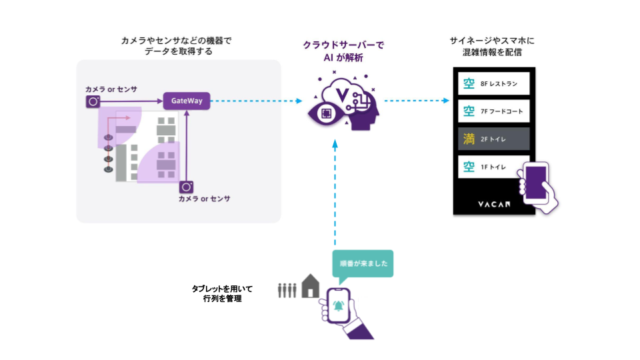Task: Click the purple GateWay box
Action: pyautogui.click(x=187, y=101)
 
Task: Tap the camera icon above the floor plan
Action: pyautogui.click(x=93, y=101)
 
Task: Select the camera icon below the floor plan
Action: pyautogui.click(x=187, y=187)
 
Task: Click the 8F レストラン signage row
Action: pyautogui.click(x=494, y=84)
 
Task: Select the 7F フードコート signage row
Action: pyautogui.click(x=494, y=111)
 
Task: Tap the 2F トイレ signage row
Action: pyautogui.click(x=494, y=139)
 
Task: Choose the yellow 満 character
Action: pyautogui.click(x=469, y=139)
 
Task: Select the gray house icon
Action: pyautogui.click(x=310, y=287)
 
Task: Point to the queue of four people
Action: pyautogui.click(x=287, y=290)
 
